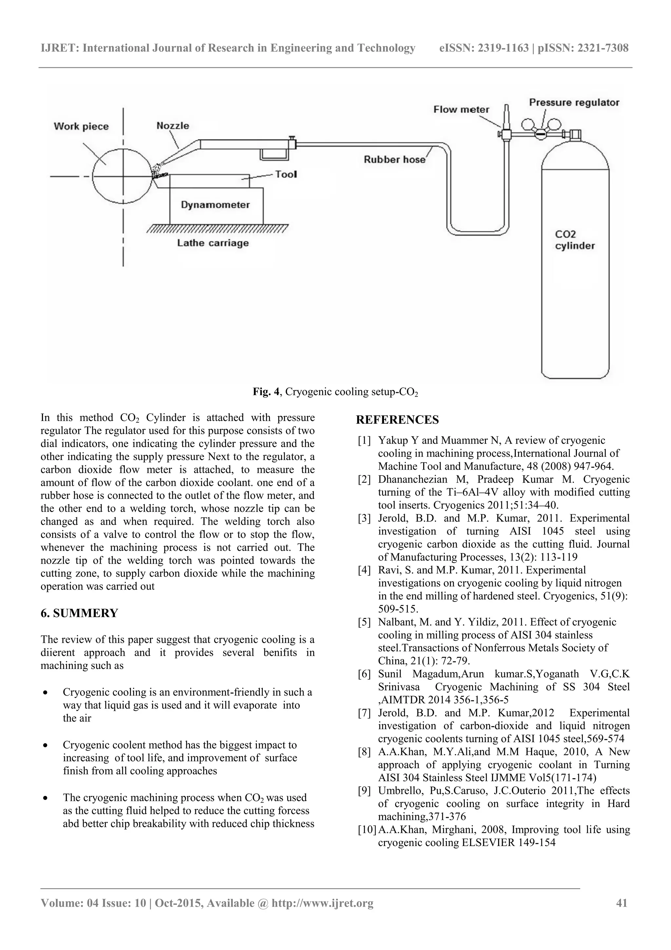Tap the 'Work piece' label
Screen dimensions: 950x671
click(81, 127)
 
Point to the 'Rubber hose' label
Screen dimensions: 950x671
click(394, 160)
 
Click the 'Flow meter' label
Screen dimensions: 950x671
click(461, 110)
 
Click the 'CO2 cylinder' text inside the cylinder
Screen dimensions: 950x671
click(574, 240)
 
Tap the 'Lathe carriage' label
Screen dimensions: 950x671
click(213, 243)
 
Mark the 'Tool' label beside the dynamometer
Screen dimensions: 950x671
click(286, 174)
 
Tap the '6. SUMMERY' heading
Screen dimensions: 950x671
click(79, 613)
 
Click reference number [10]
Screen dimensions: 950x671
click(366, 830)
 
